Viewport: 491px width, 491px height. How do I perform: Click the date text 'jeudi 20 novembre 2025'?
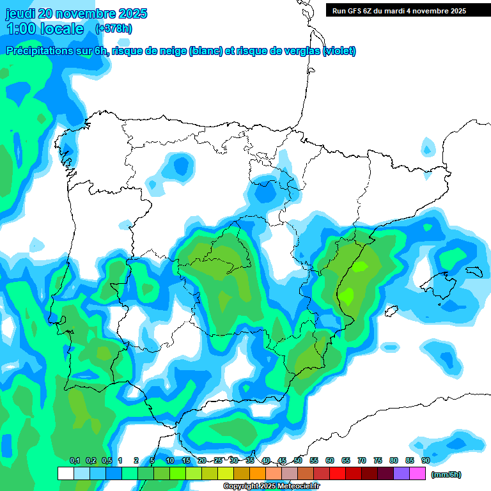pyautogui.click(x=76, y=13)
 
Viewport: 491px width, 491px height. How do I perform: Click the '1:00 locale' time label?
pyautogui.click(x=45, y=29)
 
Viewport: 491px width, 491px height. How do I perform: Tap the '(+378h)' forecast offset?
pyautogui.click(x=114, y=29)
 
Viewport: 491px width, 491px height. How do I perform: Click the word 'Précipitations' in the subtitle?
pyautogui.click(x=38, y=52)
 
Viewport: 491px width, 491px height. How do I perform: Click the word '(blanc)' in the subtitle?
pyautogui.click(x=205, y=52)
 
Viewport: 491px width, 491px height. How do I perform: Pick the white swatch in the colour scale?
pyautogui.click(x=65, y=473)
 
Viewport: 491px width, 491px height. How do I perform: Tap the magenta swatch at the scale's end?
pyautogui.click(x=417, y=473)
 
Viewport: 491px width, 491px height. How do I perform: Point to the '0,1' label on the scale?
pyautogui.click(x=75, y=460)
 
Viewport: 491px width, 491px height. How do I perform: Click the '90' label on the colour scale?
pyautogui.click(x=425, y=460)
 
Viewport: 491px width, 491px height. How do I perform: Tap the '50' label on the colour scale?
pyautogui.click(x=298, y=460)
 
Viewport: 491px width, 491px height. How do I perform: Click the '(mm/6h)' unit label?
pyautogui.click(x=446, y=474)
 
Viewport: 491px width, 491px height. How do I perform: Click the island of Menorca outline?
pyautogui.click(x=472, y=271)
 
